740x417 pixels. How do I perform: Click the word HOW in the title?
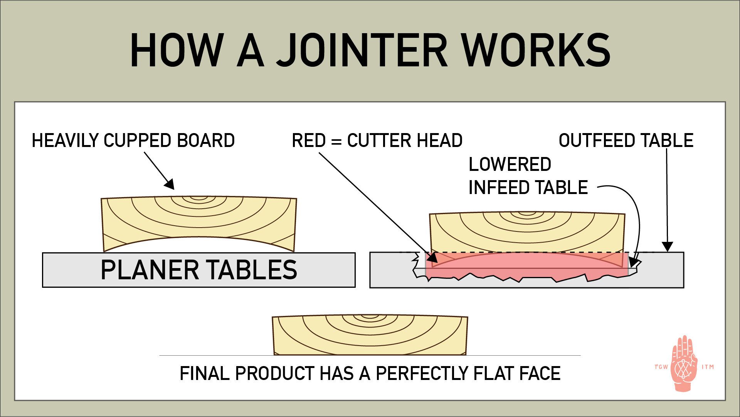pos(177,51)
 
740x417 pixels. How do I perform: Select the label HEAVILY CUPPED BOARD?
pos(133,140)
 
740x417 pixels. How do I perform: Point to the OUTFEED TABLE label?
pos(626,140)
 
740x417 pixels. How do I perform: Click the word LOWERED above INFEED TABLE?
pos(510,164)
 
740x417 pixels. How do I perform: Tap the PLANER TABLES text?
pos(198,270)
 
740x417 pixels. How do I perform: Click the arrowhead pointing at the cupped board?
pos(170,184)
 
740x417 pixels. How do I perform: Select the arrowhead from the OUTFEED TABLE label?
pos(667,247)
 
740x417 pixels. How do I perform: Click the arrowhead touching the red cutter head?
pos(432,257)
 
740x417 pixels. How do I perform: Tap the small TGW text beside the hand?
pos(661,367)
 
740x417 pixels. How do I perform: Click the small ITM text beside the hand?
pos(708,367)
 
